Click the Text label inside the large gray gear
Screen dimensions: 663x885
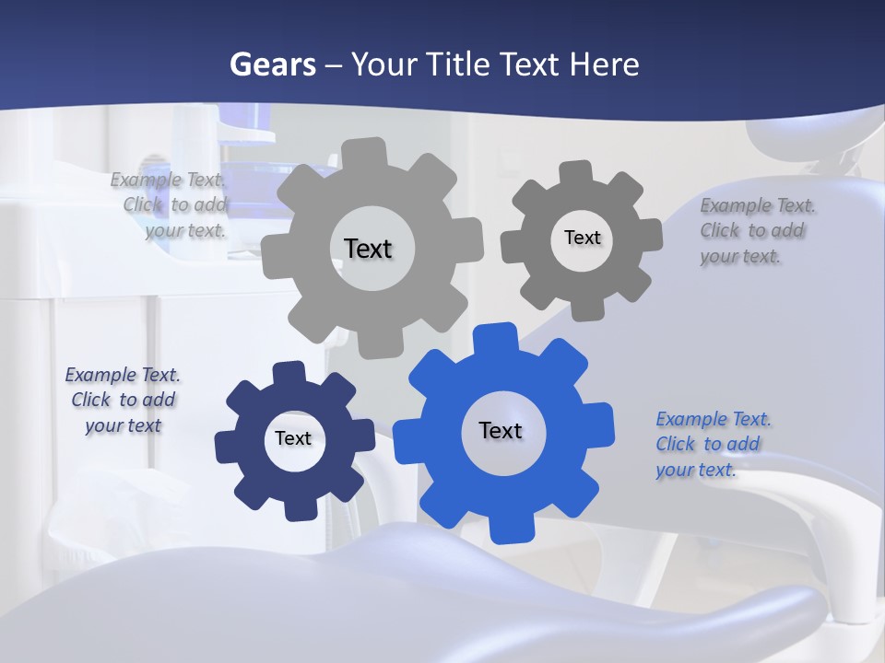point(368,249)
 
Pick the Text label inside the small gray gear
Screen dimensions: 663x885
point(582,238)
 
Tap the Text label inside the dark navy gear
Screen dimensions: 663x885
point(293,438)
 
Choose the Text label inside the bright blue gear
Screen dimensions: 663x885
point(501,430)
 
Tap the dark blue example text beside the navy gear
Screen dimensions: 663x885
point(123,400)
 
